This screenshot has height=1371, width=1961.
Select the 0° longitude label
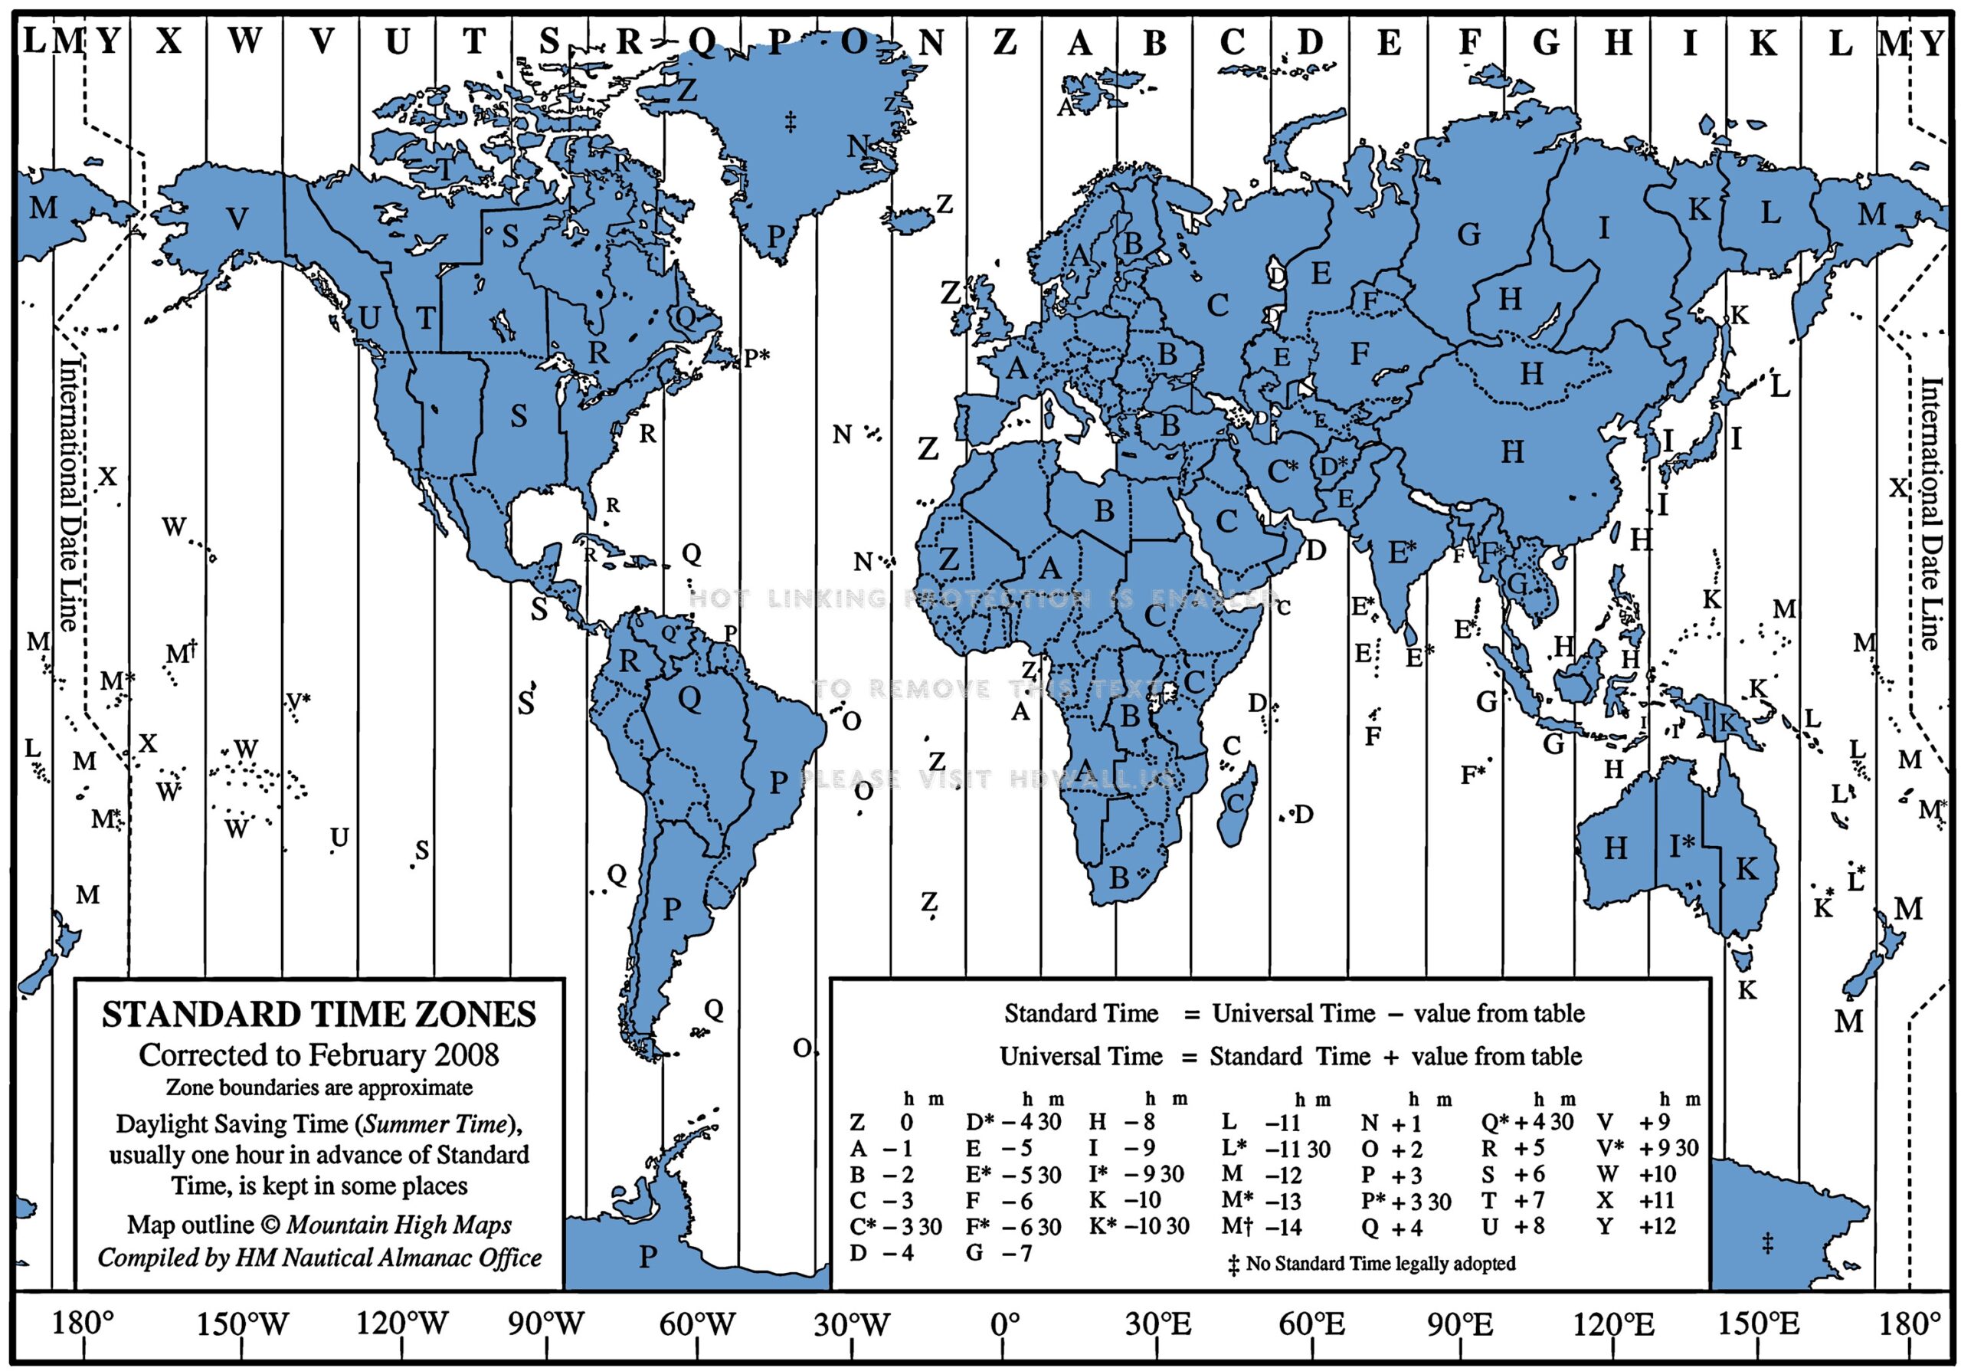1005,1324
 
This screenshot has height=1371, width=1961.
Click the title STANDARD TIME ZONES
319,1015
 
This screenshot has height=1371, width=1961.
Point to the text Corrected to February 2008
319,1055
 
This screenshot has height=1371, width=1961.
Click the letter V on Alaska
237,219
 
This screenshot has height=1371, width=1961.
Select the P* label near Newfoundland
756,357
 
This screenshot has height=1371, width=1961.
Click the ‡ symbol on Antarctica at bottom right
1767,1244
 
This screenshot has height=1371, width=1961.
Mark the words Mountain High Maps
399,1225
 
